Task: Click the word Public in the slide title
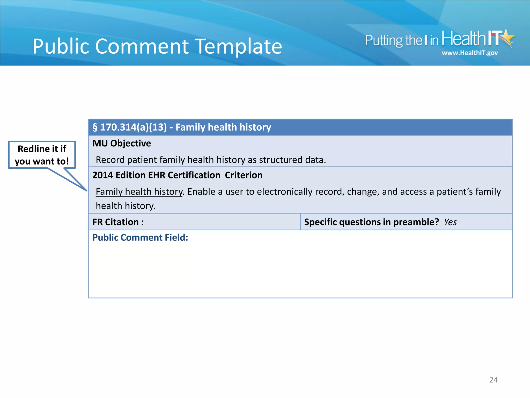61,47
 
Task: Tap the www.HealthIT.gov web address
469,53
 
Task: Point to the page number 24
493,380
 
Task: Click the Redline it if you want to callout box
42,155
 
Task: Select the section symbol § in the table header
95,127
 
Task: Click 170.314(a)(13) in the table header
134,127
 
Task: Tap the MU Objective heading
122,143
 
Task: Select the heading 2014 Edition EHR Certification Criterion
177,175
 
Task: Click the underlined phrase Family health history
139,192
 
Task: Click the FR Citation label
118,222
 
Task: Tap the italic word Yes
450,222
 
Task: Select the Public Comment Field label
140,238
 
